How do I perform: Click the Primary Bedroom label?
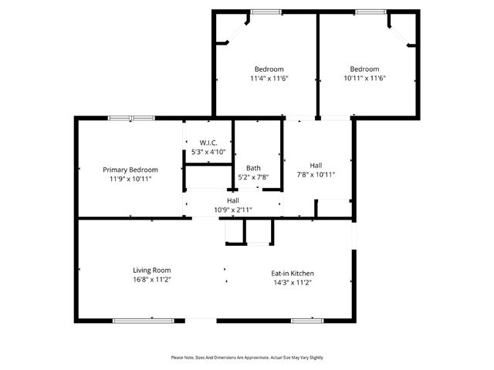click(x=130, y=170)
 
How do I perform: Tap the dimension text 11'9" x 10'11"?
click(x=130, y=179)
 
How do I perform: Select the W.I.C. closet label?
click(x=208, y=143)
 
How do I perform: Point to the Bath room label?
click(x=253, y=168)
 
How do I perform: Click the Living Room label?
click(x=151, y=271)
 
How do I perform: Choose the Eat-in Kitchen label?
click(x=292, y=274)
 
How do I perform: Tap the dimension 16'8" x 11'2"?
click(x=151, y=280)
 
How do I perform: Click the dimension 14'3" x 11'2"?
click(x=292, y=283)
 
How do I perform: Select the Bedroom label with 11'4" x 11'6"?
click(x=269, y=69)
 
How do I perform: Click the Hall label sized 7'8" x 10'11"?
click(x=316, y=165)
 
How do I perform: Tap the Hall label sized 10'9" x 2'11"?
click(x=232, y=200)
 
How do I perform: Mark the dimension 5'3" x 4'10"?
click(x=208, y=152)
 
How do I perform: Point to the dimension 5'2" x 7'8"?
click(x=253, y=177)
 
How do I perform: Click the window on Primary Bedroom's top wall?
click(x=130, y=118)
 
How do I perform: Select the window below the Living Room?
click(x=134, y=320)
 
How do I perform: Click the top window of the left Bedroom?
click(x=266, y=12)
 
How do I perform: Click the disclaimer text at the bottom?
click(x=246, y=358)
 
